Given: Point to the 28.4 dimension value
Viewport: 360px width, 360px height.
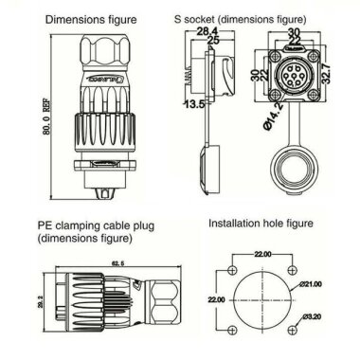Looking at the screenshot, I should [x=203, y=31].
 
